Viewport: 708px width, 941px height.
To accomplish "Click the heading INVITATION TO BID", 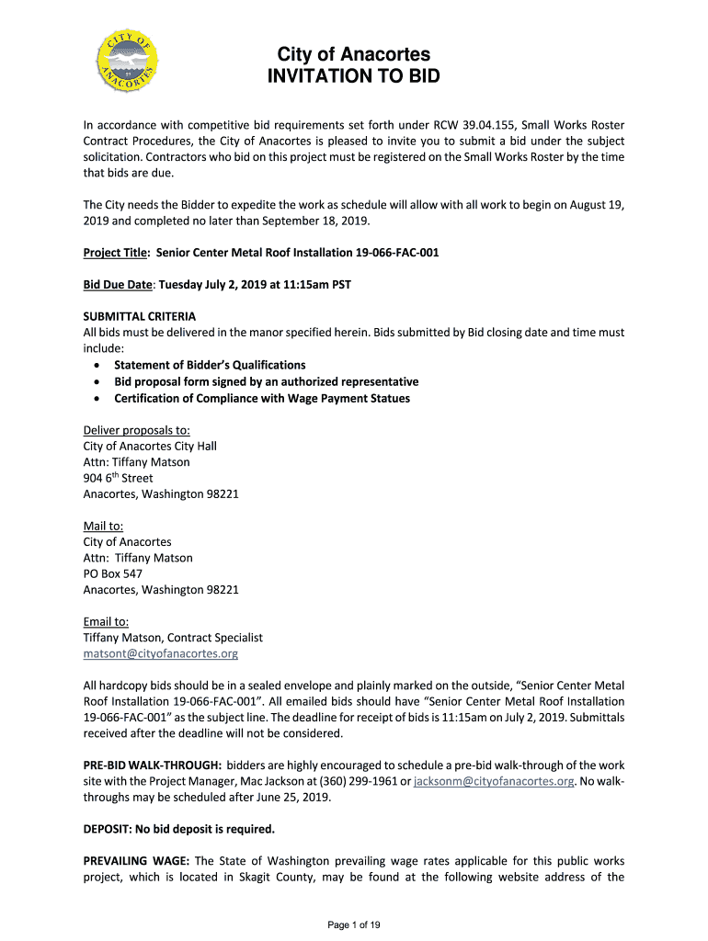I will [x=353, y=76].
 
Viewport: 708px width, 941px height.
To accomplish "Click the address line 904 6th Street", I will [x=118, y=478].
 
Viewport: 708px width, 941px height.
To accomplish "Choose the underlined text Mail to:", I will [x=103, y=526].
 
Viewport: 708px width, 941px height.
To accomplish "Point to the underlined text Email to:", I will [x=106, y=621].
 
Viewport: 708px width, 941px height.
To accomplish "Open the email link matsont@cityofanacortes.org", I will [x=161, y=653].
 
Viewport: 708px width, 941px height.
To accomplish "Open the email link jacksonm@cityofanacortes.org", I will [x=494, y=781].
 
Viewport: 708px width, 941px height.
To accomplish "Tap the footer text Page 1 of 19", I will [x=354, y=924].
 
